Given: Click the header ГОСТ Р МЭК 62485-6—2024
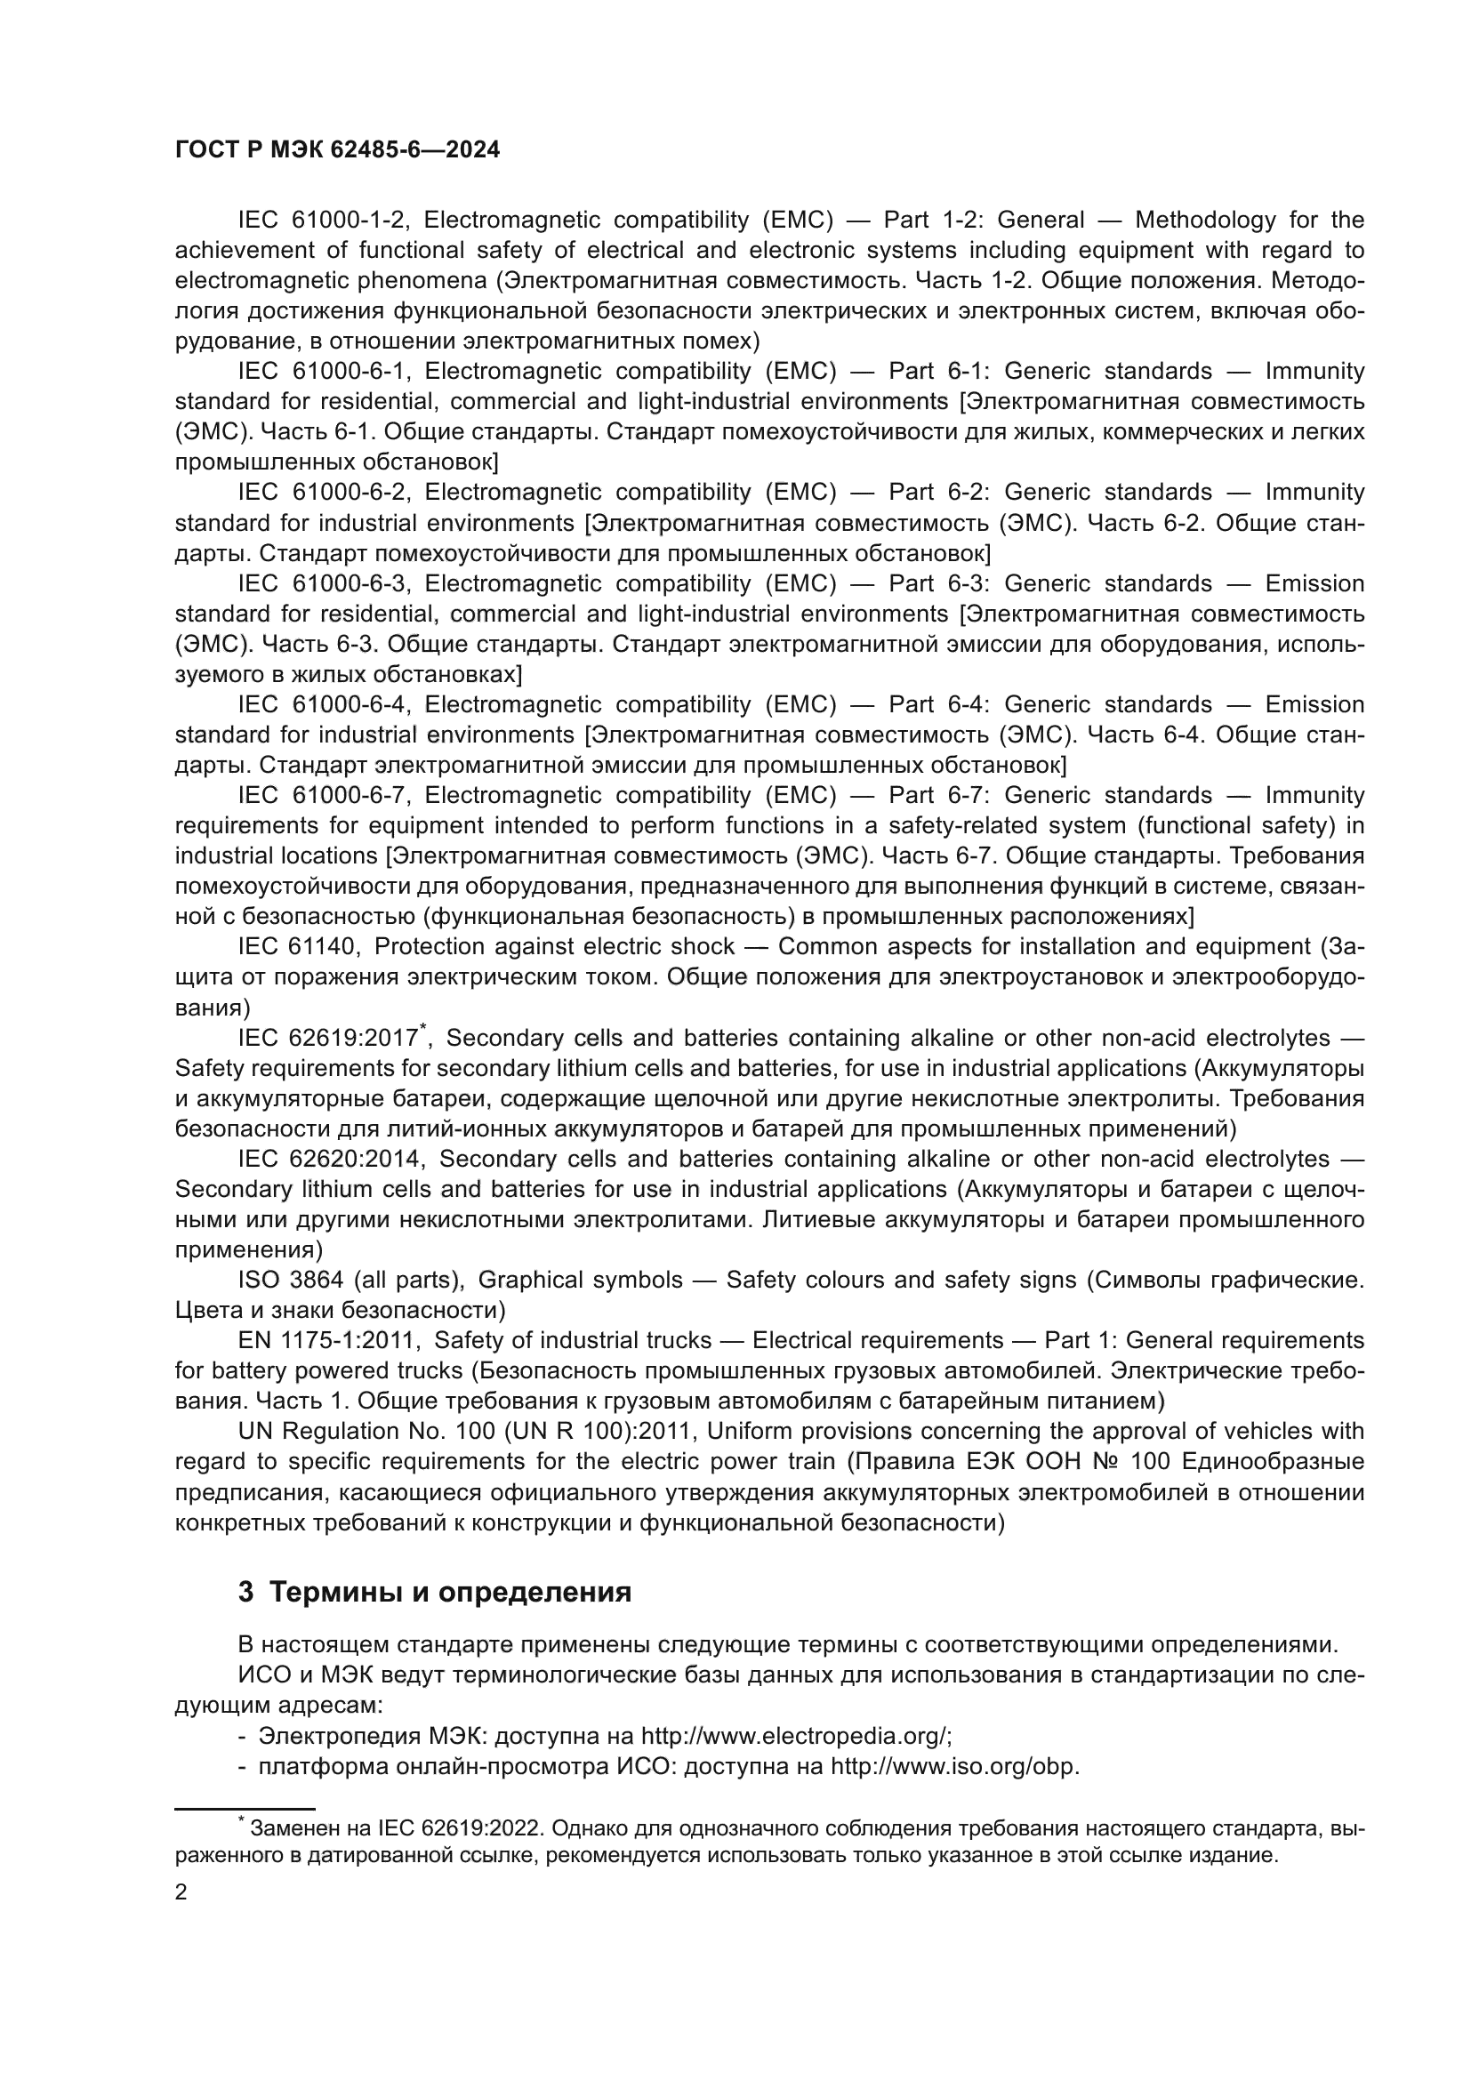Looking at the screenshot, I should [x=337, y=150].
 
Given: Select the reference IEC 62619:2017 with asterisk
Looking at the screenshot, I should [x=330, y=1038].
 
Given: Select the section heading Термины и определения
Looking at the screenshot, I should [x=450, y=1593].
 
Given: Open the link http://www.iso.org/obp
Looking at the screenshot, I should [x=953, y=1768].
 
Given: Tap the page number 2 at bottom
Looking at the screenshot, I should [x=181, y=1892].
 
